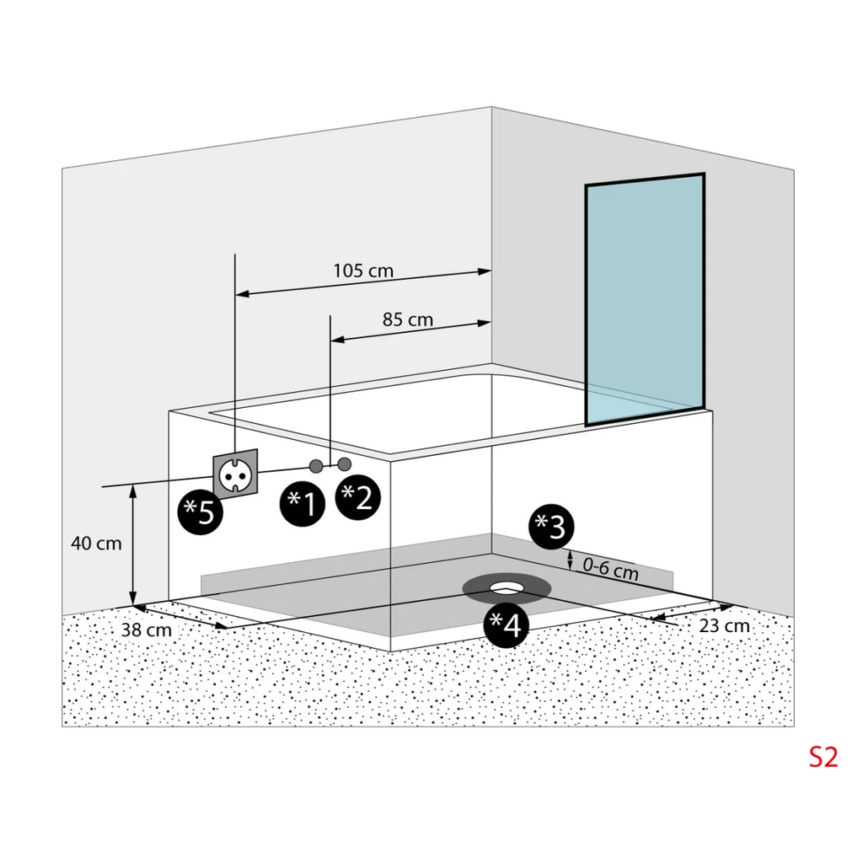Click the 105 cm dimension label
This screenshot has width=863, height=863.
coord(363,271)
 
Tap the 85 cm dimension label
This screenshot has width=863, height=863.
coord(408,319)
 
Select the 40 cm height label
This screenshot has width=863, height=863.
coord(96,544)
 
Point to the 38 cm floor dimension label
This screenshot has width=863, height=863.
coord(147,630)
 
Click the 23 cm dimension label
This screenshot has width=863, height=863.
coord(724,626)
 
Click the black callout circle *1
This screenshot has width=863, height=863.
coord(303,503)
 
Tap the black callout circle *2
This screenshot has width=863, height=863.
coord(357,497)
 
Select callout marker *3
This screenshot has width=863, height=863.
coord(551,527)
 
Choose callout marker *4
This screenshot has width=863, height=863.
coord(506,624)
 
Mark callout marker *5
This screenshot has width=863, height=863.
coord(200,512)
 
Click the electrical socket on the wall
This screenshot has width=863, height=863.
coord(235,474)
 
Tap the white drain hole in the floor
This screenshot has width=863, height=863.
coord(506,587)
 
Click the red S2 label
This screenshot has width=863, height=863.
coord(823,758)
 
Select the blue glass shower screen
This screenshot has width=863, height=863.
coord(645,299)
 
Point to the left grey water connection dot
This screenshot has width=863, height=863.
coord(316,466)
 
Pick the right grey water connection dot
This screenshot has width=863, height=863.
coord(345,464)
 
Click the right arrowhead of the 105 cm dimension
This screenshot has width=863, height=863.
coord(485,271)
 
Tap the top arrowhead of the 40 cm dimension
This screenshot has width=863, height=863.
coord(132,491)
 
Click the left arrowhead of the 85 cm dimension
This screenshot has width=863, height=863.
coord(337,340)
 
